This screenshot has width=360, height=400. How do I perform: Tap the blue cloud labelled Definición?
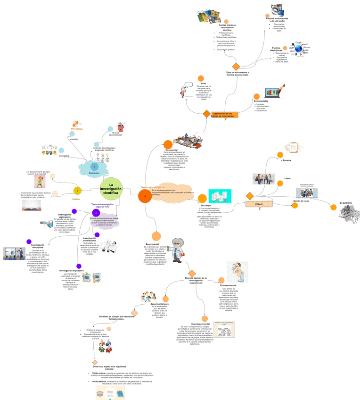coord(94,168)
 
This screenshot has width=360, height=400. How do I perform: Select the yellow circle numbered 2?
coord(77,191)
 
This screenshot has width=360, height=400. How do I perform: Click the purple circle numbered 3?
coord(96,213)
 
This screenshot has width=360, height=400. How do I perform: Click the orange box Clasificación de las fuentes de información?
coord(224,115)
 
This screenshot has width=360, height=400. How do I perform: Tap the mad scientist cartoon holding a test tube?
coord(176,250)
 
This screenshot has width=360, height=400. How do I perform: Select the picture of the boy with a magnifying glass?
coord(237,273)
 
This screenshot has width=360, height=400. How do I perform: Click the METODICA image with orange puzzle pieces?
coord(77,125)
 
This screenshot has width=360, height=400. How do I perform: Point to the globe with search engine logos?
coord(299,49)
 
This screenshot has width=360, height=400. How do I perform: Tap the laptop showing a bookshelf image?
coord(272,91)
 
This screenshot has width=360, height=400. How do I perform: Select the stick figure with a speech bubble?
coord(186,90)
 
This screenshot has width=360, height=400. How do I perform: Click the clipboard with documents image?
coord(293,147)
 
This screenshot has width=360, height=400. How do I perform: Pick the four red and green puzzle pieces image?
coord(105,346)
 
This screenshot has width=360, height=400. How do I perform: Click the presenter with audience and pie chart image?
coord(14,253)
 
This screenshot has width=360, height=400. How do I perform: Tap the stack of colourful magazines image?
coord(209,17)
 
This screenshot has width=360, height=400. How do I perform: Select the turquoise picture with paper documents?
coord(221,197)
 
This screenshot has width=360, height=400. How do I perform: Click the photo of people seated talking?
coord(263,179)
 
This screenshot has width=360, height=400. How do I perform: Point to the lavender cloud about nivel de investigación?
coord(105,221)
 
